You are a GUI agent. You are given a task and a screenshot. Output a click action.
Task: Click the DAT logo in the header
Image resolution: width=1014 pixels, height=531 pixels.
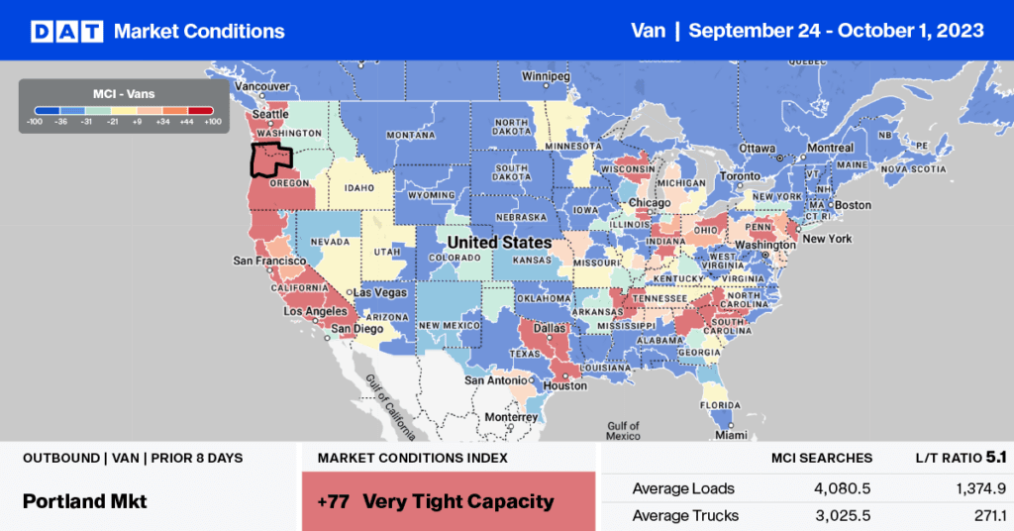[x=65, y=31]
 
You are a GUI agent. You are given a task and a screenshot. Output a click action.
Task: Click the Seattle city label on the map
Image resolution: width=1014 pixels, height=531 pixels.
[x=271, y=115]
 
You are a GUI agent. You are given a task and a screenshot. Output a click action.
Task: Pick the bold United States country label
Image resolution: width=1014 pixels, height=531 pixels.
[x=499, y=242]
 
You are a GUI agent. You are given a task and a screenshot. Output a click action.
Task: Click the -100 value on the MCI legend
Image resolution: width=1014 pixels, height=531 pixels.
[x=36, y=122]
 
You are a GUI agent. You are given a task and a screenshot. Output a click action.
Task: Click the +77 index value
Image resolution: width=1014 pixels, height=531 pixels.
[x=333, y=501]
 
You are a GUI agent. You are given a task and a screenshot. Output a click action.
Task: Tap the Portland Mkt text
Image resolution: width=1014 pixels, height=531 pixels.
[x=84, y=501]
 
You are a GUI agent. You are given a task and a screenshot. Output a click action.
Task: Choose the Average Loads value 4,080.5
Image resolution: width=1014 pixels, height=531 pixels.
[x=841, y=488]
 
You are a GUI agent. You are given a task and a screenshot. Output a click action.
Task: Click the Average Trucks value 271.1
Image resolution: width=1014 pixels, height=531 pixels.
[x=963, y=515]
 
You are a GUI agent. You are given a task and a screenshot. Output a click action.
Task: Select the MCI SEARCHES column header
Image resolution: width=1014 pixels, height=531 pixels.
[x=822, y=458]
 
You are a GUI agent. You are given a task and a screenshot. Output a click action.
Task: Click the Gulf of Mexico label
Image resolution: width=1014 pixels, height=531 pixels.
[x=625, y=430]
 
